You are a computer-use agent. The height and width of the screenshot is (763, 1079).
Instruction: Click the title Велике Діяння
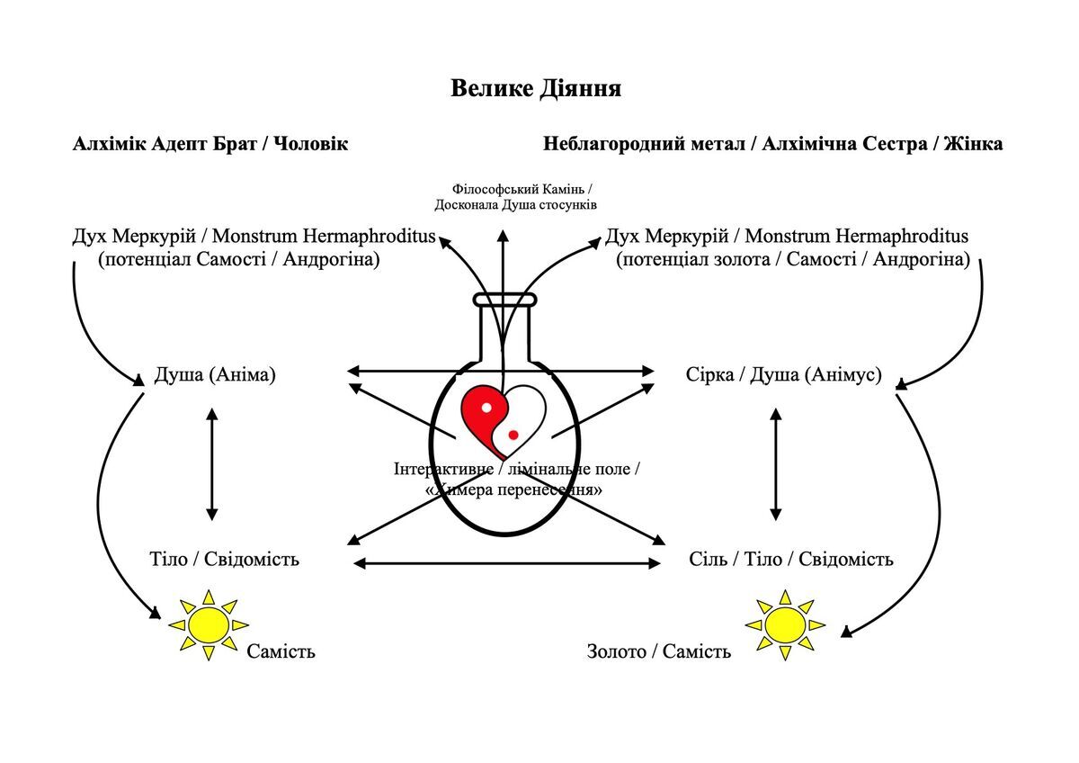coord(536,89)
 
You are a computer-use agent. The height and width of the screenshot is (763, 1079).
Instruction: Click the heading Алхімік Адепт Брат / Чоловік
coord(210,144)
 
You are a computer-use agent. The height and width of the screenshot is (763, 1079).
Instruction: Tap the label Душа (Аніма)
coord(215,374)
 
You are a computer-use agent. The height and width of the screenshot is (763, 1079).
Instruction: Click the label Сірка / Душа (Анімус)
coord(783,374)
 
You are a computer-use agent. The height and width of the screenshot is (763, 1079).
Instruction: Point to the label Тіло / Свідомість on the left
coord(224,560)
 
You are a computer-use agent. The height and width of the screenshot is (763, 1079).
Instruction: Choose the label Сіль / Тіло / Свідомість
coord(791,560)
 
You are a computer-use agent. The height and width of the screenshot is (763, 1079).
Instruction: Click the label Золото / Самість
coord(659,651)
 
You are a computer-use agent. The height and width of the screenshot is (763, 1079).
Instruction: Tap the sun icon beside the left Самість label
coord(209,624)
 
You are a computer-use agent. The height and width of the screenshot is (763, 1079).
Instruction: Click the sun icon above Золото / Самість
coord(785,624)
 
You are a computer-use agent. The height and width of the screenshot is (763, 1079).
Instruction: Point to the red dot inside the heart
coord(513,435)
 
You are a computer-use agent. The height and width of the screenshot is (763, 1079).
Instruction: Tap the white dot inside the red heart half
coord(486,408)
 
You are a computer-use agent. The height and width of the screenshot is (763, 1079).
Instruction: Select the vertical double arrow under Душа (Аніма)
coord(211,464)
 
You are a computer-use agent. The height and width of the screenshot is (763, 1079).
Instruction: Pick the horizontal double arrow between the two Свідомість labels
coord(507,564)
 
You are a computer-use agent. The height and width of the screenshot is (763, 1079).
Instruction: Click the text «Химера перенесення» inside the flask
coord(513,491)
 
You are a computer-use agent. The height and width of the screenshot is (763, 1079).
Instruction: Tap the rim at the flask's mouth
coord(504,300)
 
